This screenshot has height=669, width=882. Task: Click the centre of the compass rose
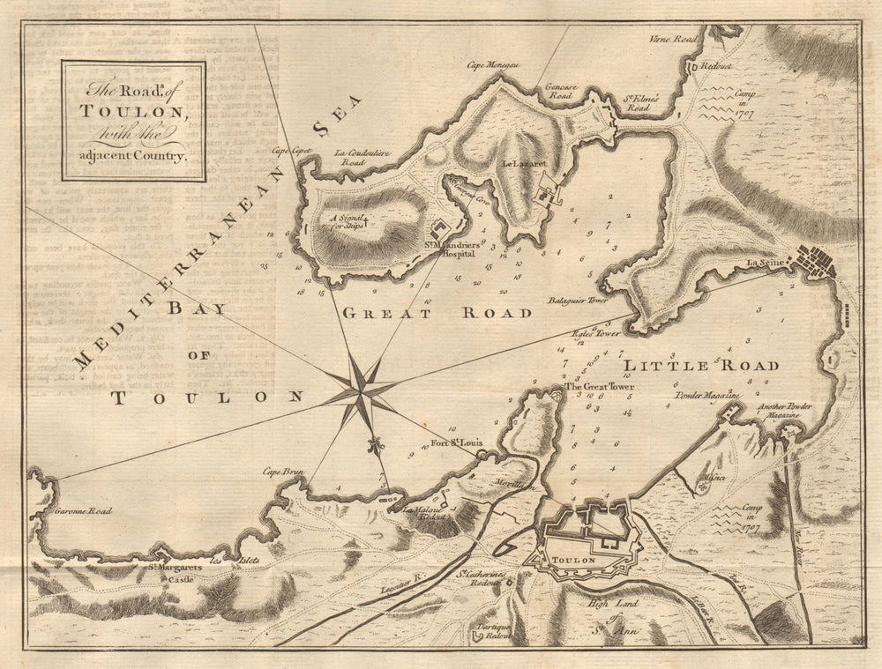click(361, 387)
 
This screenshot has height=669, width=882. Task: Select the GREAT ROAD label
click(437, 313)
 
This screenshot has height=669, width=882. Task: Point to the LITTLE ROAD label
click(701, 365)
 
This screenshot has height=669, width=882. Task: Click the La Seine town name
click(764, 263)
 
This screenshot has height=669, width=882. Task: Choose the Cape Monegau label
click(490, 65)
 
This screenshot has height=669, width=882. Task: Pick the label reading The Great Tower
click(600, 387)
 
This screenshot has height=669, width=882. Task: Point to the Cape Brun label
click(283, 472)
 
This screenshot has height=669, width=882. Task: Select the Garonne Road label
click(83, 510)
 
